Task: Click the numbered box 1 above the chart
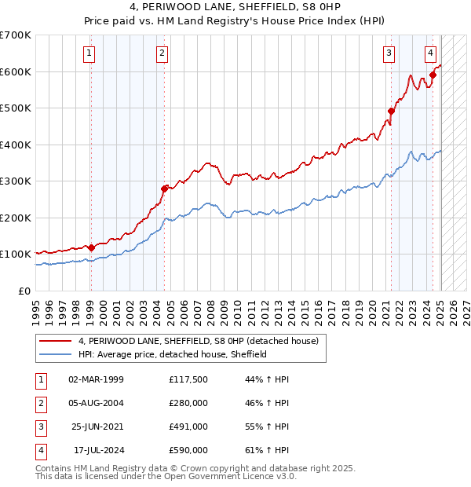[89, 53]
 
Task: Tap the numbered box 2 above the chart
[161, 53]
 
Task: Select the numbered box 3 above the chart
[389, 53]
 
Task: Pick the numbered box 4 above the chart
[431, 53]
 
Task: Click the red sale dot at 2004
[164, 189]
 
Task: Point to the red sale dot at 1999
[91, 247]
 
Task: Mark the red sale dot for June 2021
[391, 111]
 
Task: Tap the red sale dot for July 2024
[433, 75]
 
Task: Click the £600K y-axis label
[16, 71]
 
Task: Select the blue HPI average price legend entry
[173, 354]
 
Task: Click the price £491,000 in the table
[188, 427]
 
